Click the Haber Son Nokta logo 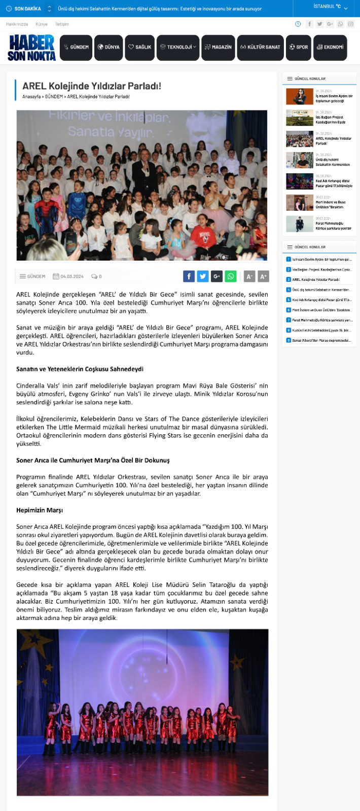(32, 48)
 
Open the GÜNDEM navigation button (76, 47)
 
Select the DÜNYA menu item (109, 47)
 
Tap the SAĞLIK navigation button (139, 47)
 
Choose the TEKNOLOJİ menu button (178, 47)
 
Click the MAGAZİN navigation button (218, 47)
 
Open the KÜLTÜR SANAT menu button (260, 47)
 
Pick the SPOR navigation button (299, 47)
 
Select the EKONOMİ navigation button (330, 47)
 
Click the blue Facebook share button (189, 276)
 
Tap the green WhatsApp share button (231, 276)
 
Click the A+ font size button (263, 276)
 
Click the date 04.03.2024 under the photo (71, 276)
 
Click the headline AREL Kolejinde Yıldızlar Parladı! (92, 86)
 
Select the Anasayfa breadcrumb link (31, 96)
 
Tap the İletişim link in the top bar (62, 24)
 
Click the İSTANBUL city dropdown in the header (330, 7)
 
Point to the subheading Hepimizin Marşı (40, 510)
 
